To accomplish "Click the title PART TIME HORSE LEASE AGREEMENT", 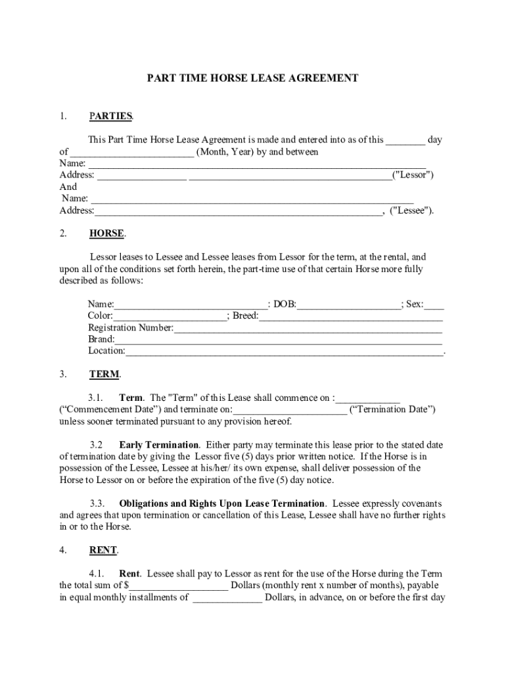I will tap(252, 78).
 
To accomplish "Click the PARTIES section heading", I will tap(110, 116).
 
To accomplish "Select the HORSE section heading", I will tap(106, 233).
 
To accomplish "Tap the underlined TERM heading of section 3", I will tap(104, 374).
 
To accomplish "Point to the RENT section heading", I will tap(103, 550).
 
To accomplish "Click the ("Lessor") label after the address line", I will tap(413, 175).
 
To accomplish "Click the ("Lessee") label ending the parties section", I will tap(411, 210).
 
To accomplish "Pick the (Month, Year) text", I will tap(223, 152).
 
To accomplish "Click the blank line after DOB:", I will tap(348, 304).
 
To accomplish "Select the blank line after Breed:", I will tap(350, 316).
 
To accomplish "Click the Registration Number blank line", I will tap(308, 328).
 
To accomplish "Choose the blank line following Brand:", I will tap(278, 340).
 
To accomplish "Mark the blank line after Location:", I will tap(285, 352).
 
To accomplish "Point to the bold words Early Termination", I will tap(158, 444).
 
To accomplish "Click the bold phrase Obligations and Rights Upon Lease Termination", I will tap(221, 503).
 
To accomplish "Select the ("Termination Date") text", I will tap(393, 409).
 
